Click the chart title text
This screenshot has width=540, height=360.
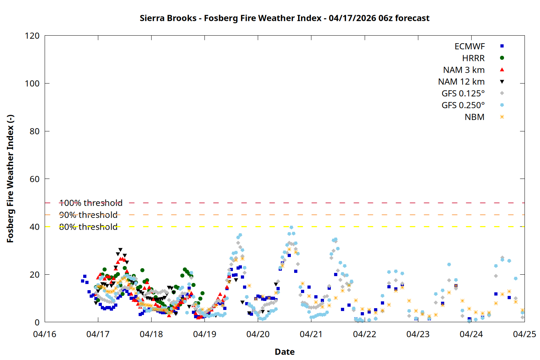284,18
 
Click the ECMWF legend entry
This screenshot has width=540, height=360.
469,46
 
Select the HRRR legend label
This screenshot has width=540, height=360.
473,58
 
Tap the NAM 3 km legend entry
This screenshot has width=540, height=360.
464,70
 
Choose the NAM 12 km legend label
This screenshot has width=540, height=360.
461,82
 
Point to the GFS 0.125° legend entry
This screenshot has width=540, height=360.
463,94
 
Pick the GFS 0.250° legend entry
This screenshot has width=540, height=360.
463,105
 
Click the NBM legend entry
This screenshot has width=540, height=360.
474,117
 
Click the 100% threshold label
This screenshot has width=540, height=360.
91,203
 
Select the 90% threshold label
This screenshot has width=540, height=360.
88,215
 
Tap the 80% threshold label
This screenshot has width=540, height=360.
88,227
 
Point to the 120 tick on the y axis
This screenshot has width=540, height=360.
32,36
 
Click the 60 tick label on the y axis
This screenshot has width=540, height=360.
35,179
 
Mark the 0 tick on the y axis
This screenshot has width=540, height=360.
37,322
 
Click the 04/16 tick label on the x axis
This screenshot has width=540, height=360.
45,334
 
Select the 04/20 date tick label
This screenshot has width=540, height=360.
258,334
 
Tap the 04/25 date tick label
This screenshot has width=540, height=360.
524,334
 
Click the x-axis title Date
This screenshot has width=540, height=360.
284,352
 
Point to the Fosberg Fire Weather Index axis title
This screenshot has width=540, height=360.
10,179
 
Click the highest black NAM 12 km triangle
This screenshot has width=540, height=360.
120,250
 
